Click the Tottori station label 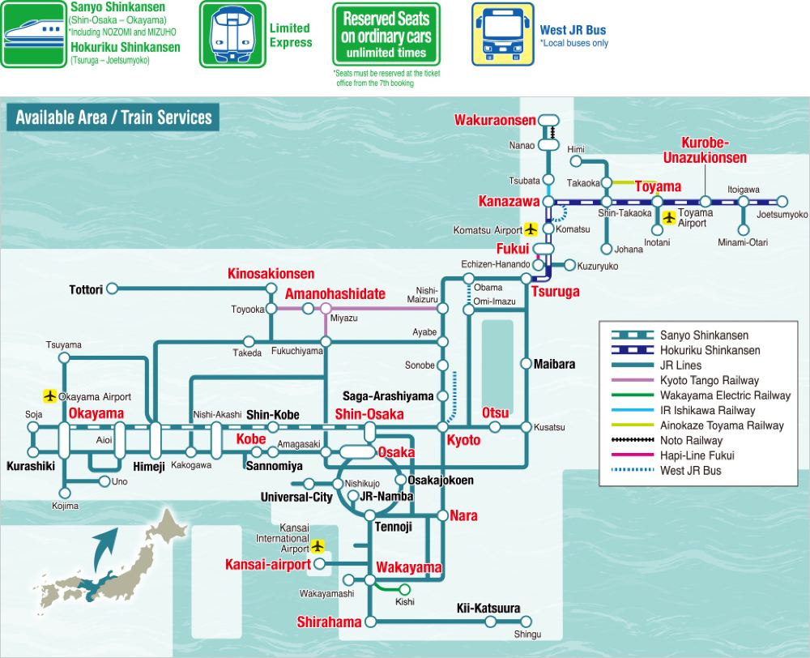(87, 289)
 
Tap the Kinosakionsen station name (271, 273)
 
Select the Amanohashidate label (335, 293)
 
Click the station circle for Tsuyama (64, 357)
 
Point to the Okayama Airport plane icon (49, 396)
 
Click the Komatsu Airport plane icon (531, 229)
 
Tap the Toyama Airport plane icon (669, 218)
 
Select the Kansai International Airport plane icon (318, 546)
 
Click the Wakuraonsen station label (495, 120)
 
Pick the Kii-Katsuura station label (488, 608)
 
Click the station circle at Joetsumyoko (782, 202)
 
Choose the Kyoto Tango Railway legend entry (685, 380)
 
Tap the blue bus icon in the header (503, 35)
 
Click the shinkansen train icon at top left (33, 35)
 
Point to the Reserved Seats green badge (386, 34)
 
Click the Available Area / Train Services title (113, 117)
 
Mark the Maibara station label (554, 364)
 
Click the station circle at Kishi (404, 589)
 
